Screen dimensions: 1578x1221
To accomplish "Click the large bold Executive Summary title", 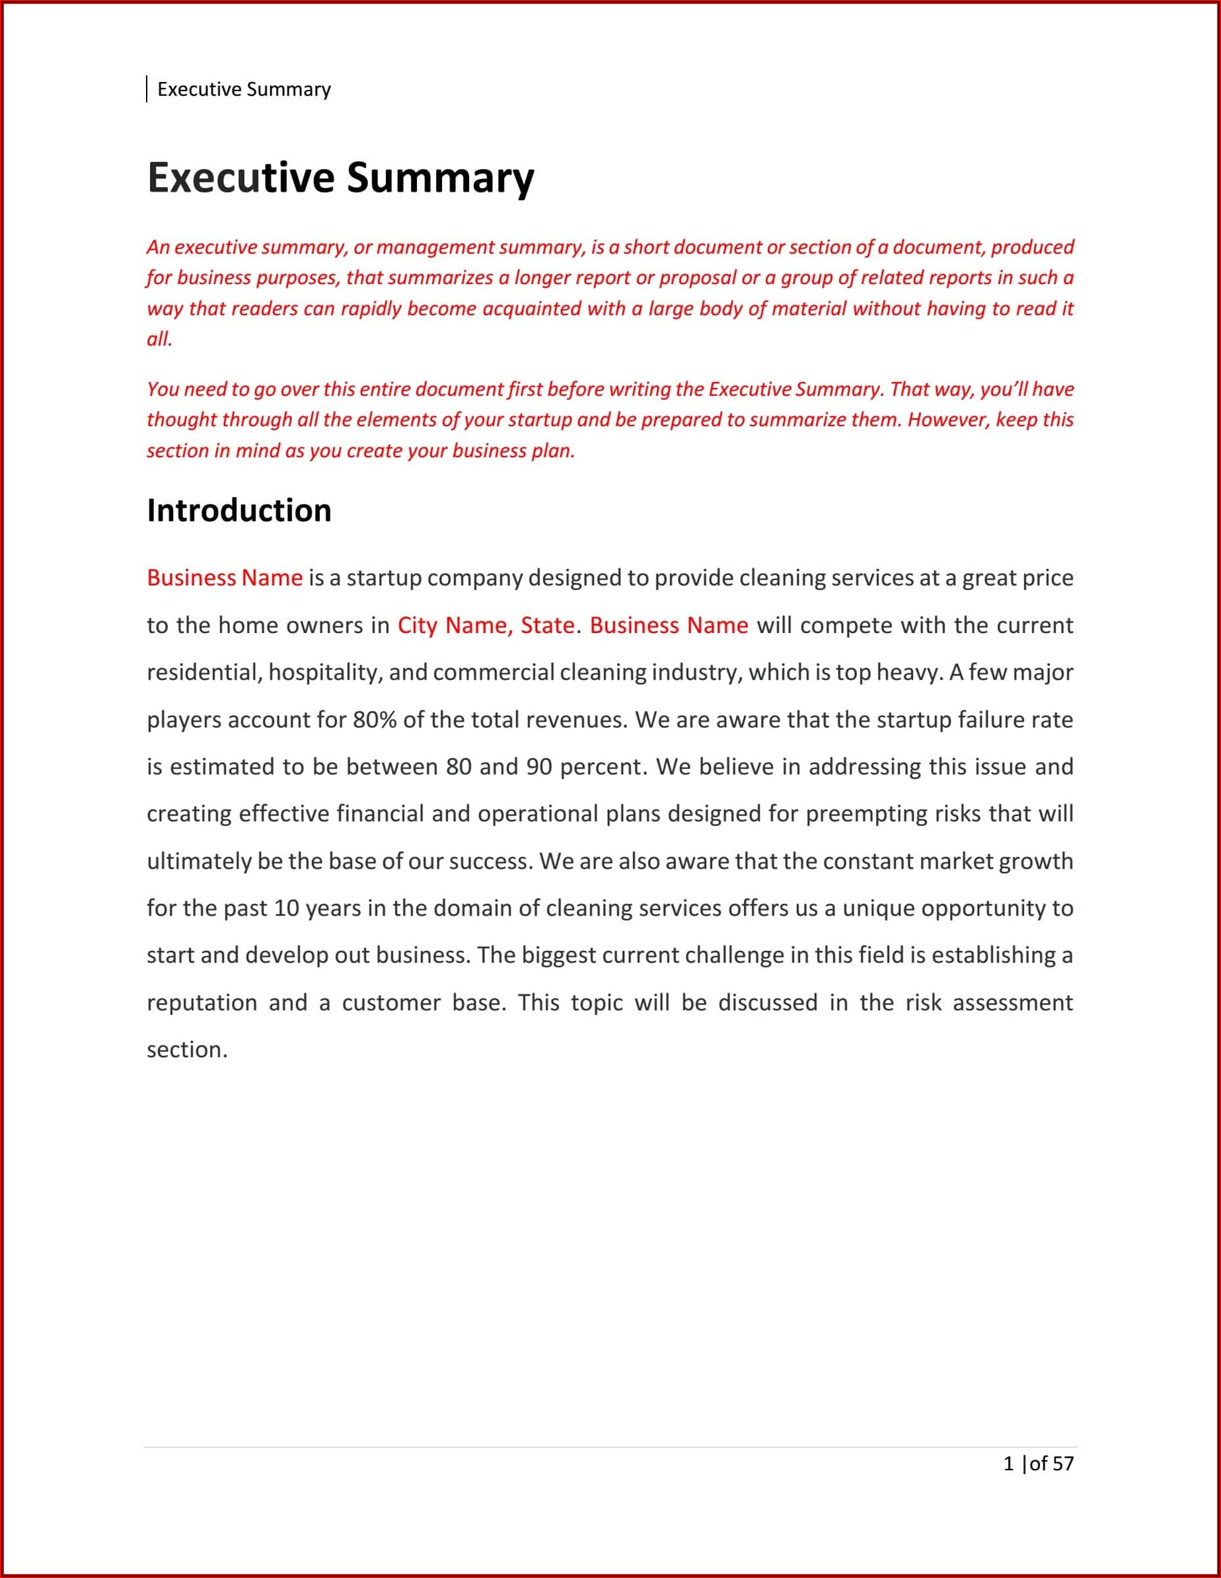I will pyautogui.click(x=340, y=178).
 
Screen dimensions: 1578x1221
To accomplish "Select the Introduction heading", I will pyautogui.click(x=239, y=511).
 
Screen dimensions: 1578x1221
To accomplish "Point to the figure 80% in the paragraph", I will pyautogui.click(x=374, y=720).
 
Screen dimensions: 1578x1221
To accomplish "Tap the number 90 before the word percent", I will pyautogui.click(x=539, y=767).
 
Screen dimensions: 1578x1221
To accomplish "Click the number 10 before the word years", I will pyautogui.click(x=286, y=908).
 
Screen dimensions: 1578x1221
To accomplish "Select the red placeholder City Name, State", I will pyautogui.click(x=486, y=625).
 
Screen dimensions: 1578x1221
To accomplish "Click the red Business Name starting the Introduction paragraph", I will pyautogui.click(x=225, y=578).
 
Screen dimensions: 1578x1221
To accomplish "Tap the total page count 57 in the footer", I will pyautogui.click(x=1063, y=1464).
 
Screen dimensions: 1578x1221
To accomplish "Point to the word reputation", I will pyautogui.click(x=202, y=1003).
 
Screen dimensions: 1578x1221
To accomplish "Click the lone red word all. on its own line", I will pyautogui.click(x=160, y=339).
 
